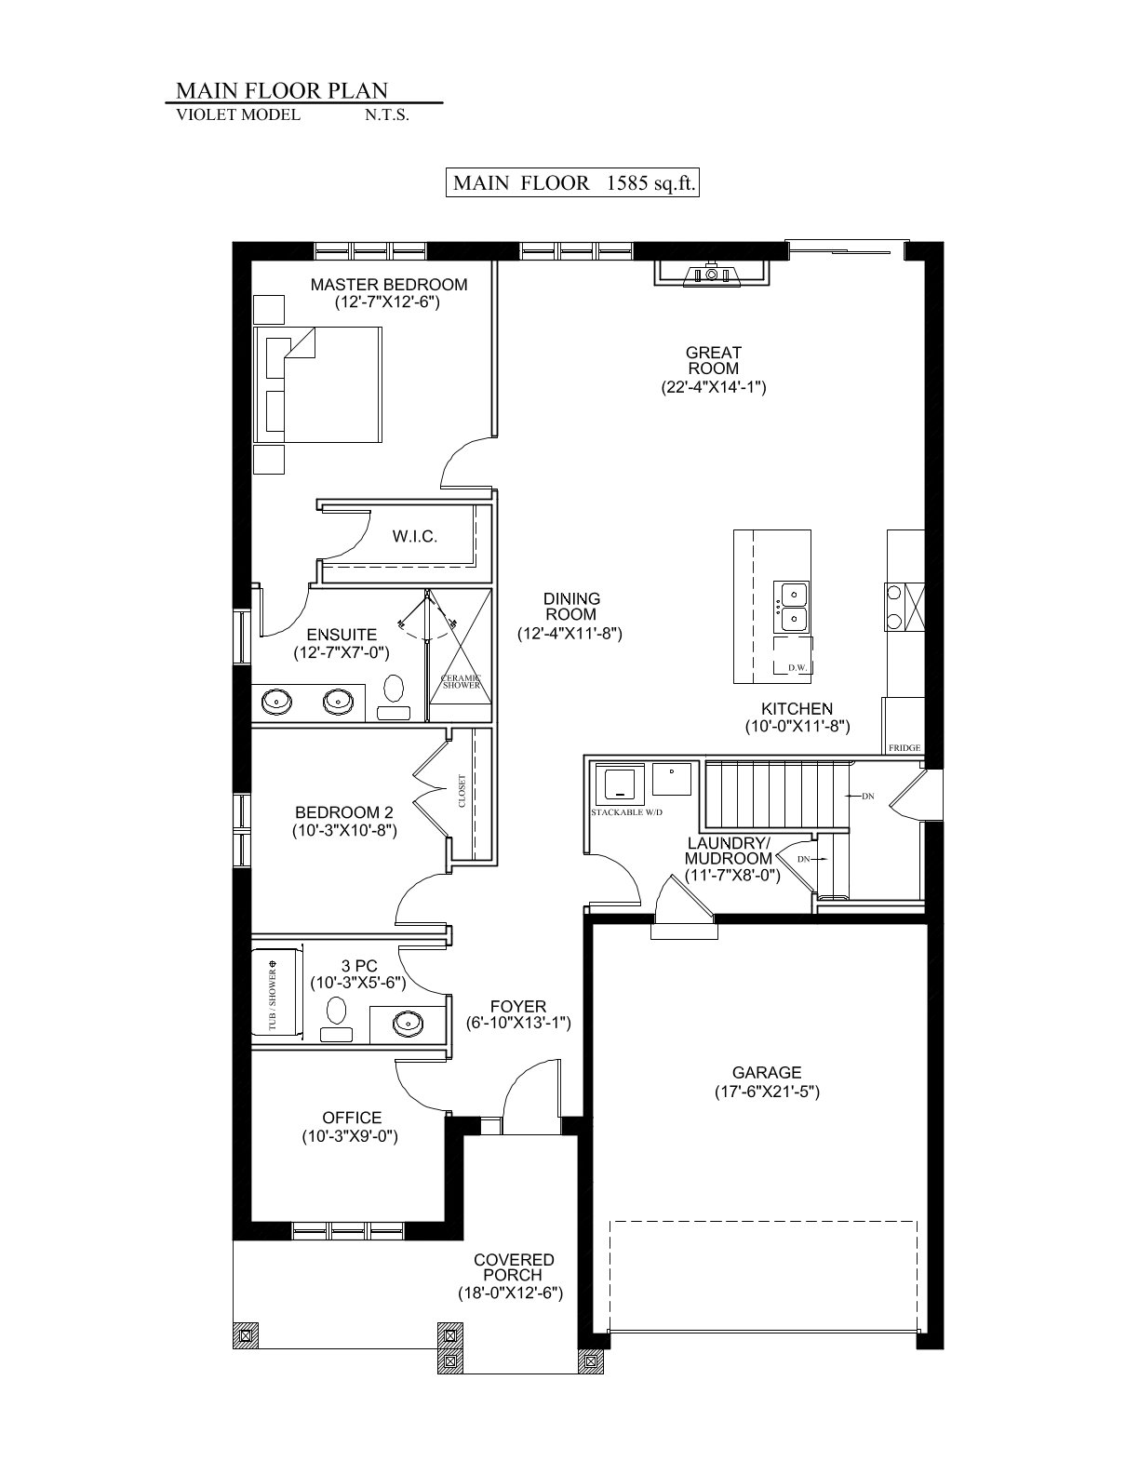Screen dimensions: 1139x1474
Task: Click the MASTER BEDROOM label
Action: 389,284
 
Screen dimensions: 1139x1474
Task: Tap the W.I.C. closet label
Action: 414,537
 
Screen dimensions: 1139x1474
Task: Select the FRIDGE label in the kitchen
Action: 904,747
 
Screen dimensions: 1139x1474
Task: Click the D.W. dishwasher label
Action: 797,667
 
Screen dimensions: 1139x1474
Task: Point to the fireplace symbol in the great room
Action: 712,273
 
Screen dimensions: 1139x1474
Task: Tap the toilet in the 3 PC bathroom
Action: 337,1020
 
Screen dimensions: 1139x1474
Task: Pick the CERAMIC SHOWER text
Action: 462,681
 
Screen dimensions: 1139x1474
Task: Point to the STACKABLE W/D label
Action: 626,812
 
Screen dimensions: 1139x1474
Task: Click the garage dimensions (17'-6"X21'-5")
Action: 767,1092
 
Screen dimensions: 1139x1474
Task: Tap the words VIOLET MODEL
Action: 238,114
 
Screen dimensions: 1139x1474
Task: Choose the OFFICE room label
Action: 352,1118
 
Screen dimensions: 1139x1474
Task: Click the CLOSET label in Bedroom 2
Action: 462,791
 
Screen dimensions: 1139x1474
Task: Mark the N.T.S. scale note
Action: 387,115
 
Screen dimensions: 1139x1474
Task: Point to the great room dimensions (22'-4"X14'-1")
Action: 714,387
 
